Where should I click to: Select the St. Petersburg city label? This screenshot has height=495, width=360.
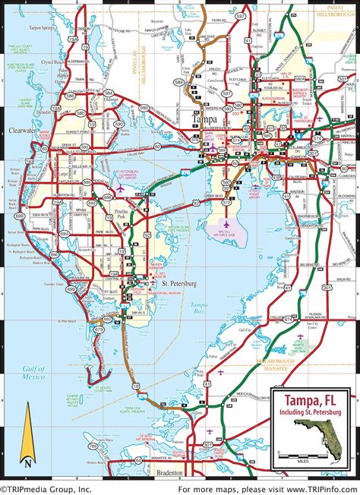178,282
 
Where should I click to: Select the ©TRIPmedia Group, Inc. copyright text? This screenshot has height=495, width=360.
47,489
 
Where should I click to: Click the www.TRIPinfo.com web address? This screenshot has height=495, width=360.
311,489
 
